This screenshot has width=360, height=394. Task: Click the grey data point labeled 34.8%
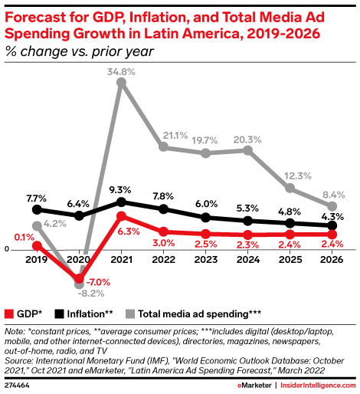click(x=121, y=82)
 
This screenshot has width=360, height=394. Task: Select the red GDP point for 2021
click(x=121, y=216)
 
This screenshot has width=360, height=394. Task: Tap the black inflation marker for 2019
click(x=37, y=210)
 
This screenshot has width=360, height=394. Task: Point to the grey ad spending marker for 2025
click(x=290, y=188)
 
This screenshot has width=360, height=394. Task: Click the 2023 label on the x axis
click(x=205, y=260)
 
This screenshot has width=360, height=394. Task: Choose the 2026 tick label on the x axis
click(x=332, y=260)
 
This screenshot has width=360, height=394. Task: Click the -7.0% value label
click(x=98, y=282)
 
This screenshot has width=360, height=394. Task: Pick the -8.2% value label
click(x=91, y=294)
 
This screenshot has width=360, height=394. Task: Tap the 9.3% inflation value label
click(x=120, y=190)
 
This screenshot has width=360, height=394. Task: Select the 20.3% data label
click(x=247, y=140)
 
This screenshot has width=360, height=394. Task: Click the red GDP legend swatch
click(x=9, y=314)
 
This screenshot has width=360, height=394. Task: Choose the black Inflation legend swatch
click(x=59, y=314)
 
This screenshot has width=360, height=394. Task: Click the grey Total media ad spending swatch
click(x=130, y=314)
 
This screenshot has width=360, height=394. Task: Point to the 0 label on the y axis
click(x=7, y=249)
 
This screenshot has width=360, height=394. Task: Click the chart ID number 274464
click(x=17, y=386)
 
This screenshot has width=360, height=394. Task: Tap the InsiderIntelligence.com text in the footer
click(x=318, y=386)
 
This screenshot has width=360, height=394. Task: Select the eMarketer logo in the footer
click(x=254, y=386)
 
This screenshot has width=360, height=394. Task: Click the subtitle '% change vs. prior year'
click(x=80, y=51)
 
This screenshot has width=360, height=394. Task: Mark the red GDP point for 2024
click(x=247, y=235)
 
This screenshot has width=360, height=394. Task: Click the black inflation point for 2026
click(x=332, y=225)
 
